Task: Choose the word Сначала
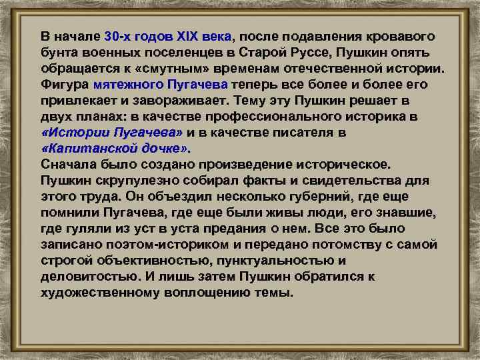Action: [x=66, y=165]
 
